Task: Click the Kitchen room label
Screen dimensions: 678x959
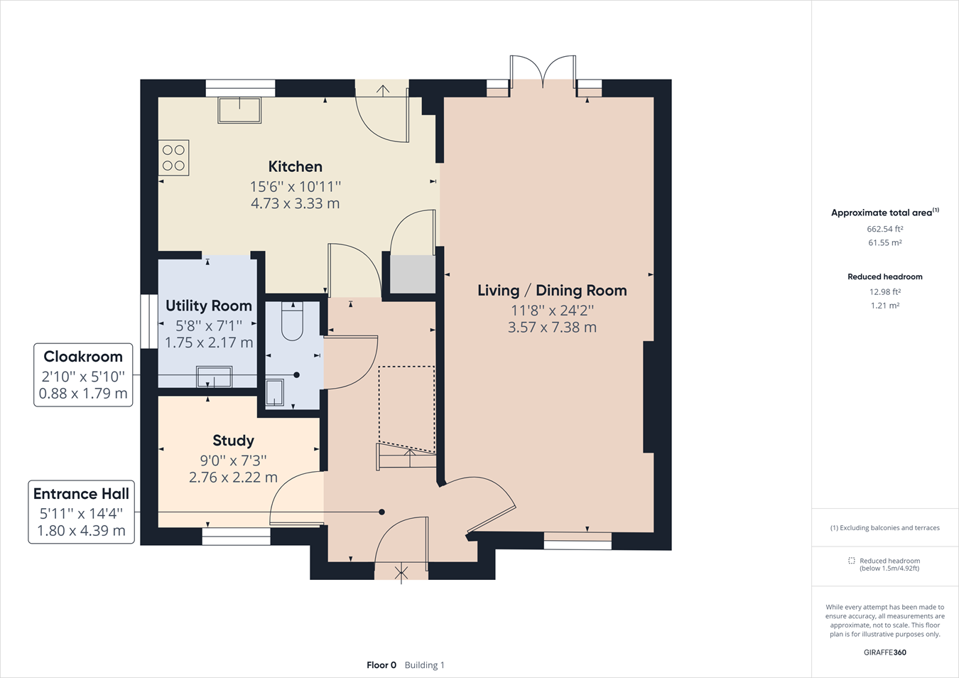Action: (295, 166)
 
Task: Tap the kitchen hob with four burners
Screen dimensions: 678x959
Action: (173, 158)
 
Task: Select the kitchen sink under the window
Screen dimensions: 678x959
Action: (239, 110)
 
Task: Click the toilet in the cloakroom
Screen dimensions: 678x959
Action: (293, 321)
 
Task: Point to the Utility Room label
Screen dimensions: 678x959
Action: (209, 306)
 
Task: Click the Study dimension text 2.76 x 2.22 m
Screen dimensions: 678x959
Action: (233, 478)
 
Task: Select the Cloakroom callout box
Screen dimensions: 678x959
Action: (83, 375)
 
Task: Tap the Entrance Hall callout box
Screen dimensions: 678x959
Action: (81, 512)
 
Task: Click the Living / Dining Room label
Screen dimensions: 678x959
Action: (552, 290)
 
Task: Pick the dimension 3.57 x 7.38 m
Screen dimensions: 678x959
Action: (552, 328)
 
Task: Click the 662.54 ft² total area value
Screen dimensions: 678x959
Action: (884, 229)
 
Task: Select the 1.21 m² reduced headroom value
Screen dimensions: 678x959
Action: (884, 306)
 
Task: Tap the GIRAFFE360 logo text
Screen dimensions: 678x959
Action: (884, 652)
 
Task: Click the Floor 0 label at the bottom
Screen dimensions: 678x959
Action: (381, 665)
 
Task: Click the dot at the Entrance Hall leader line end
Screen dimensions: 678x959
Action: (382, 512)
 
